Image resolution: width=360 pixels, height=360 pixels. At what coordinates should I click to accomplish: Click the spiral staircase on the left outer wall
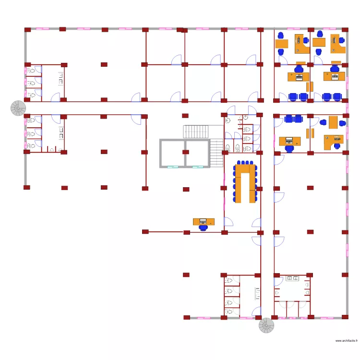click(x=19, y=108)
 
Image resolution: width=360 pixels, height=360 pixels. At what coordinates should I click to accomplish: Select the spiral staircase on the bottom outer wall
click(x=267, y=326)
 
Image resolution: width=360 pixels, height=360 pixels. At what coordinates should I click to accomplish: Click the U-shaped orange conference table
click(x=245, y=183)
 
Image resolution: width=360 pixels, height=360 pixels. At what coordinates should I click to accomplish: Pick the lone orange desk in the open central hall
click(x=204, y=221)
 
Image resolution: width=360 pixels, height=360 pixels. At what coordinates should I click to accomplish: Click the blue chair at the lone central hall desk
click(x=204, y=228)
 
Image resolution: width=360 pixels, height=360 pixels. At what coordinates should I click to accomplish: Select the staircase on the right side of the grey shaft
click(x=217, y=153)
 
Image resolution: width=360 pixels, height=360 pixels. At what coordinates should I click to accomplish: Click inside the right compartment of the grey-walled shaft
click(x=196, y=153)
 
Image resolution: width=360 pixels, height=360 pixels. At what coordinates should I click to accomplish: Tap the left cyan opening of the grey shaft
click(x=171, y=167)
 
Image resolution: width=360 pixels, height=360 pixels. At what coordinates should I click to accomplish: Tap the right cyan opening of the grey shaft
click(x=197, y=167)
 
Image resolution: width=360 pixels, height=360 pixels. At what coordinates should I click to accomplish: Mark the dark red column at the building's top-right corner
click(x=345, y=30)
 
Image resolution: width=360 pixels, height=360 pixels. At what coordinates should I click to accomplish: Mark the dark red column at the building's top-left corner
click(x=27, y=30)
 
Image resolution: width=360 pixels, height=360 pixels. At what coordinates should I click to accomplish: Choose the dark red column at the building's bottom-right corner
click(x=345, y=317)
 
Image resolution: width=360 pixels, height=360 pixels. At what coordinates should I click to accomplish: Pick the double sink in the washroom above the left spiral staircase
click(x=61, y=78)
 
